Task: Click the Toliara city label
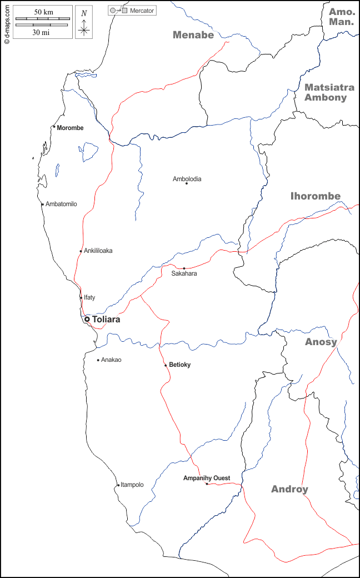pyautogui.click(x=106, y=320)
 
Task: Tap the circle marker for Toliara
pyautogui.click(x=87, y=319)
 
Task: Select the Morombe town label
pyautogui.click(x=70, y=128)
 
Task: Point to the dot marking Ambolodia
pyautogui.click(x=187, y=183)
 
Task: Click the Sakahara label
pyautogui.click(x=184, y=273)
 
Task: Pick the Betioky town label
pyautogui.click(x=180, y=365)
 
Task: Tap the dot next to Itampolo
pyautogui.click(x=117, y=485)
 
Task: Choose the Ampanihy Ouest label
pyautogui.click(x=207, y=478)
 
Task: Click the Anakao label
pyautogui.click(x=111, y=360)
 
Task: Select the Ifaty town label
pyautogui.click(x=89, y=297)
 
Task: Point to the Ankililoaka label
pyautogui.click(x=98, y=251)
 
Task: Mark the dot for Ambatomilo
pyautogui.click(x=43, y=204)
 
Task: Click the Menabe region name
pyautogui.click(x=193, y=35)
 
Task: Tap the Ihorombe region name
pyautogui.click(x=316, y=196)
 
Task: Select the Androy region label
pyautogui.click(x=289, y=489)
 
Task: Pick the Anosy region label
pyautogui.click(x=321, y=342)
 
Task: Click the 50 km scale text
pyautogui.click(x=43, y=12)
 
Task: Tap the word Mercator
pyautogui.click(x=142, y=11)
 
